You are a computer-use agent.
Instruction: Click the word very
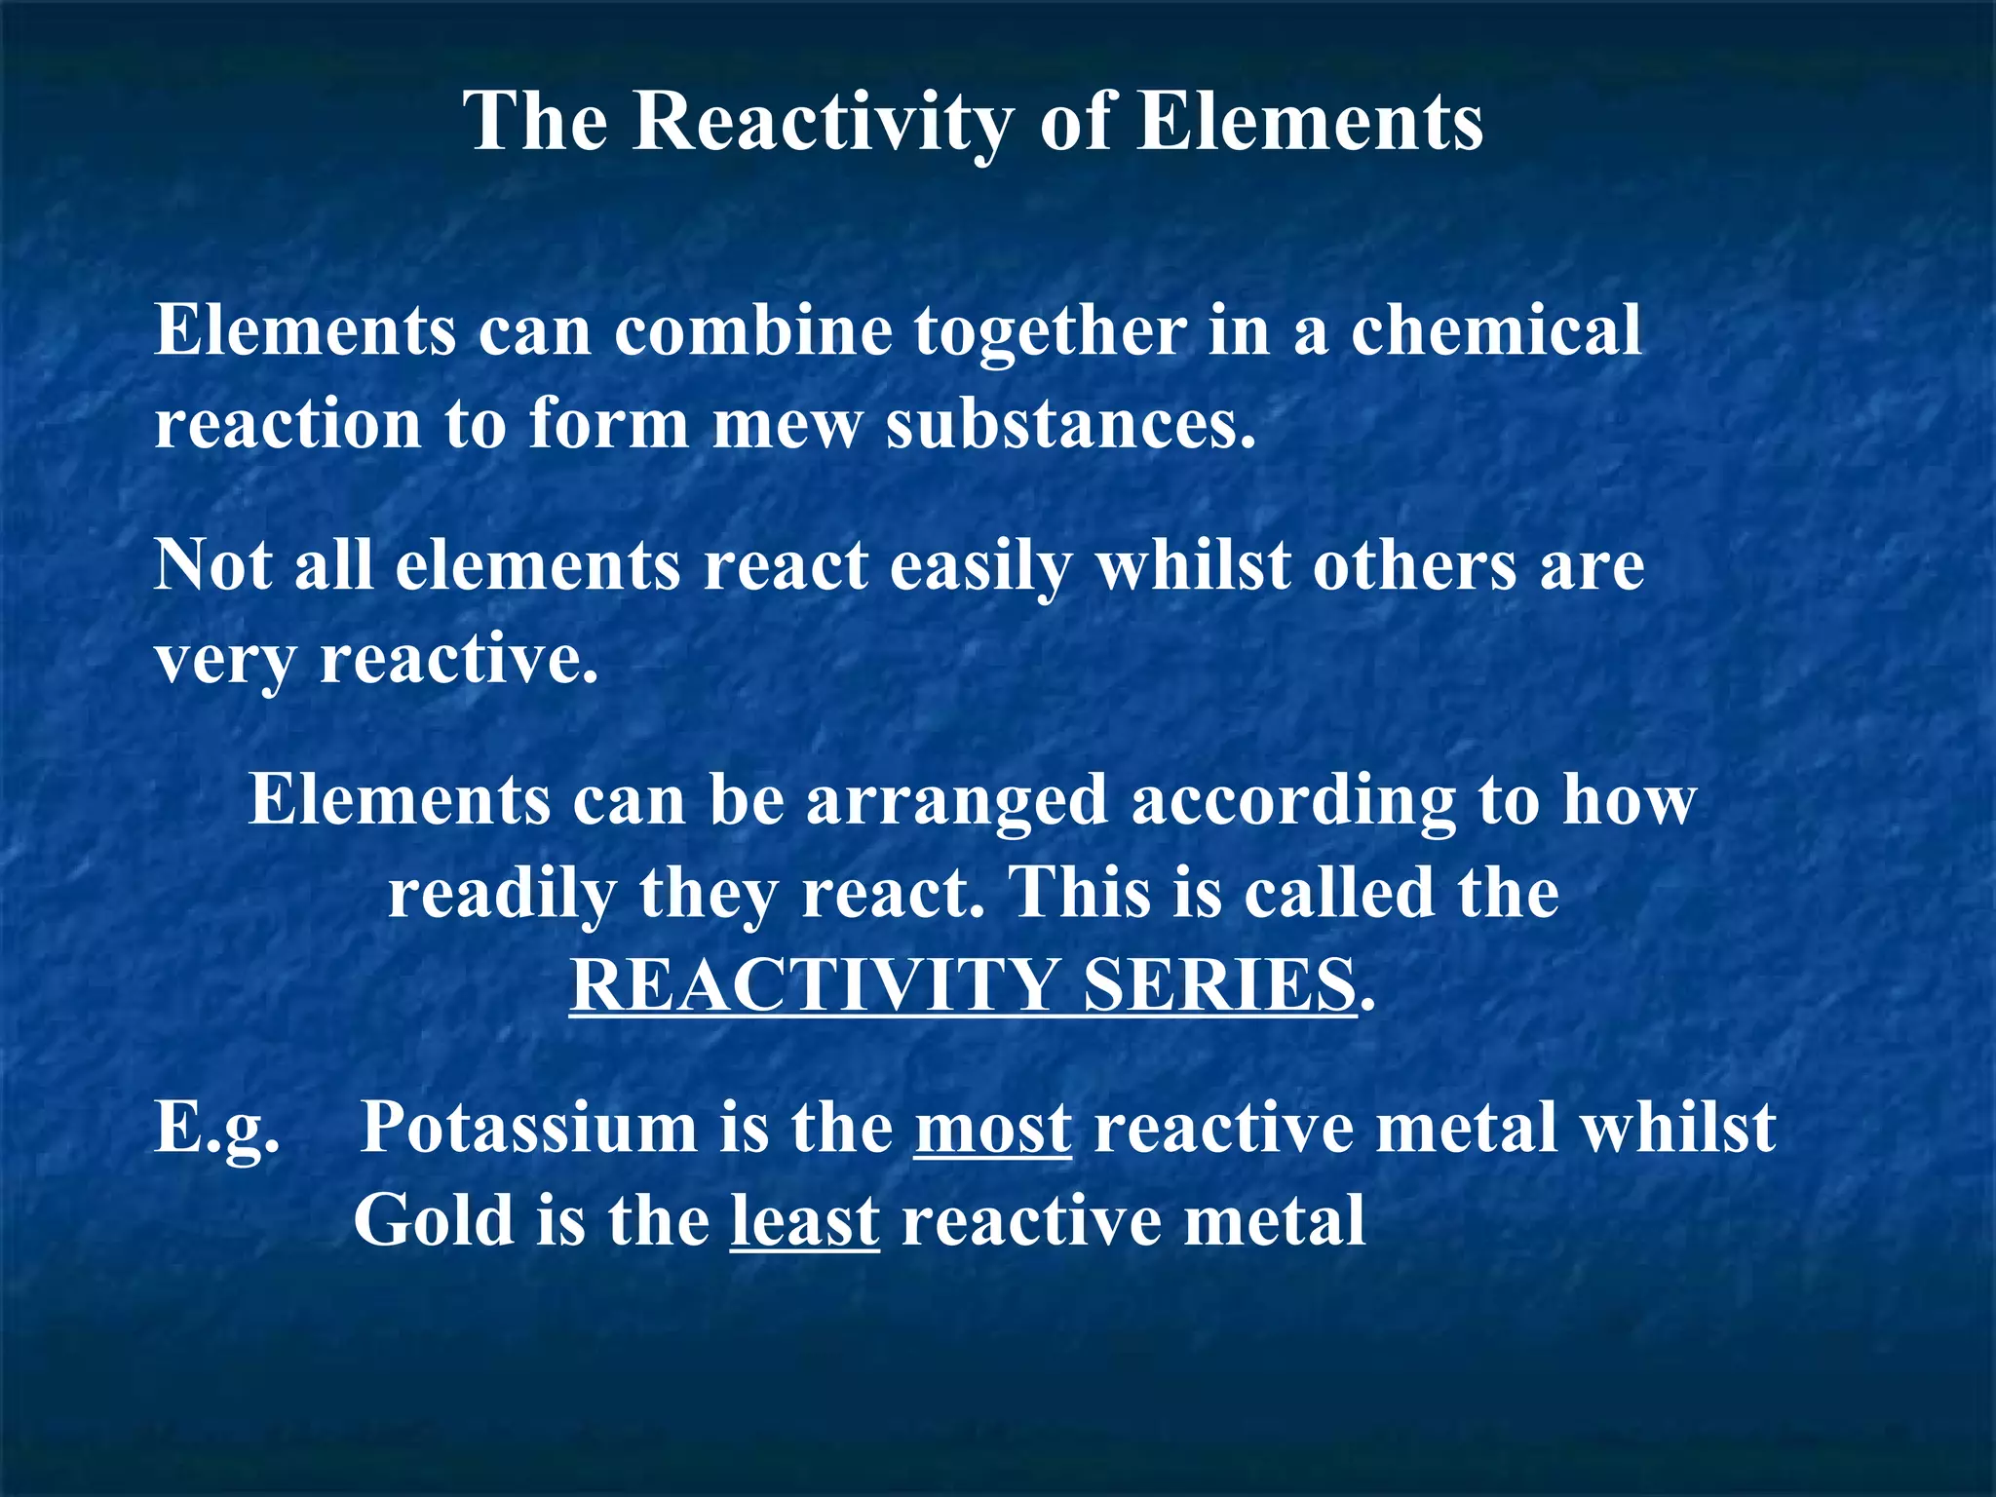(224, 660)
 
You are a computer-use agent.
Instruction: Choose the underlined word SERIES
(1219, 985)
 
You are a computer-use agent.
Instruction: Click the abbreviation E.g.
(216, 1129)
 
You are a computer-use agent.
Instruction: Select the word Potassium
(529, 1128)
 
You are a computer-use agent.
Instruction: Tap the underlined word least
(805, 1221)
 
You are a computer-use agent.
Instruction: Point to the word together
(1050, 331)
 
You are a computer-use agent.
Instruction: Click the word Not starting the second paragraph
(212, 565)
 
